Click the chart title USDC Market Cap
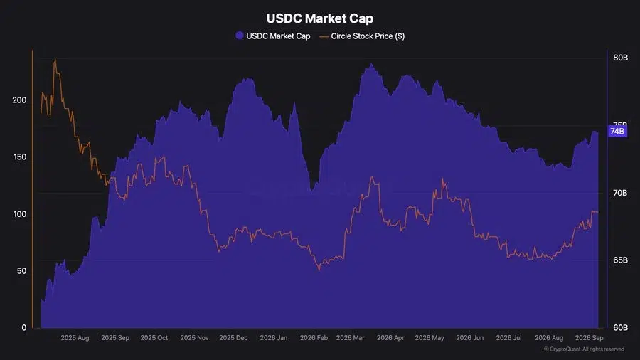(x=319, y=18)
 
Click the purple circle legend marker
(x=240, y=36)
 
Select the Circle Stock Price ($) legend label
(x=368, y=36)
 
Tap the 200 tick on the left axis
(x=19, y=100)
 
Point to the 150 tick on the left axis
(x=19, y=157)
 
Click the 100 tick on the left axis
(x=19, y=214)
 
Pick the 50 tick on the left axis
(x=21, y=270)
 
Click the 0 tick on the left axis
(x=24, y=327)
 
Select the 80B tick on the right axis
(x=620, y=58)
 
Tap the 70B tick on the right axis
(x=620, y=193)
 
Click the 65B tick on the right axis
(x=620, y=260)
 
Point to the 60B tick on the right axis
(x=620, y=327)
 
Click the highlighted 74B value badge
(x=617, y=131)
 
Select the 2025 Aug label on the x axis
(x=75, y=337)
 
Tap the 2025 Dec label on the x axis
(x=233, y=337)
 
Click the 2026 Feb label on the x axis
(x=314, y=337)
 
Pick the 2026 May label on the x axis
(x=430, y=337)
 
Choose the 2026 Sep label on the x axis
(x=590, y=337)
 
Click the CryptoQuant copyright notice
(x=584, y=349)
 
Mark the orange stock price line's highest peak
(x=55, y=60)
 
